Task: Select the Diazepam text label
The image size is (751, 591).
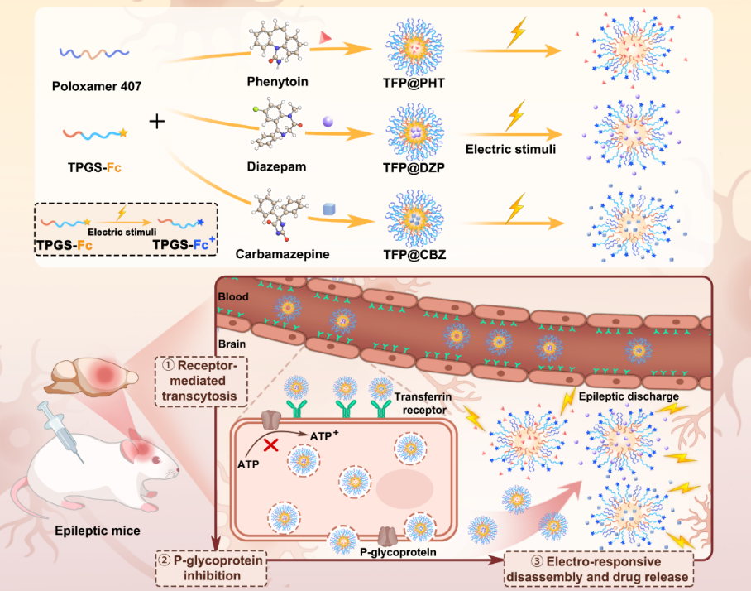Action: (x=276, y=166)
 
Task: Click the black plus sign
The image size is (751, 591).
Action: (x=157, y=122)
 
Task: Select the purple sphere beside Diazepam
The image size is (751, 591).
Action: (x=328, y=122)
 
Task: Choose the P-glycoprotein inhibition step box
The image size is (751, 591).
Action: (x=214, y=566)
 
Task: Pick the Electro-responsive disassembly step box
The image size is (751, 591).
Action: (x=597, y=566)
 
